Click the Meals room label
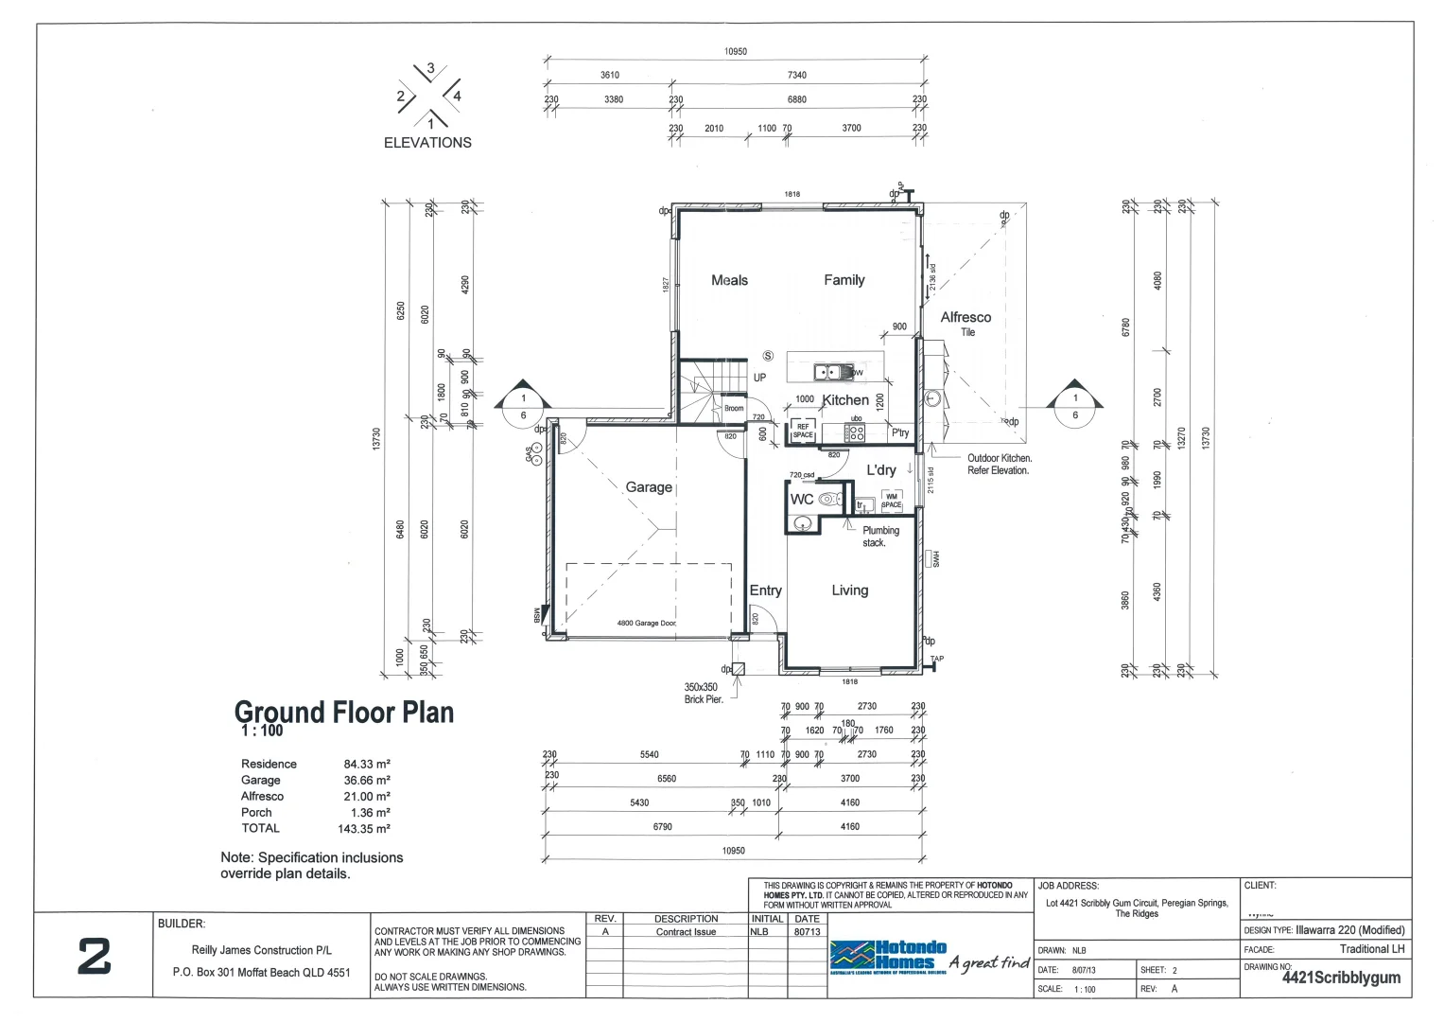pos(729,280)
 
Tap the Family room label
pos(844,280)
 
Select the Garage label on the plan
pos(649,487)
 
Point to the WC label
pos(802,499)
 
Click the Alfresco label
pos(966,318)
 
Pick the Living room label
pos(849,590)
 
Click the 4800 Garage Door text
pos(646,624)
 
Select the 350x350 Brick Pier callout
pos(702,693)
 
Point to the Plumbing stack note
pos(880,537)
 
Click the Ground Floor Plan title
pos(344,713)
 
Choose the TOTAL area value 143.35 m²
pos(366,829)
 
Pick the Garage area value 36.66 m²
pos(366,781)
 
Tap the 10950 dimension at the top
pos(735,52)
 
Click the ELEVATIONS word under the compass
pos(427,143)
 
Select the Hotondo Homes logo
pos(888,956)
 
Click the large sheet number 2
pos(94,957)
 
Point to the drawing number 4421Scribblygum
pos(1341,978)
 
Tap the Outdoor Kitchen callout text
pos(1000,464)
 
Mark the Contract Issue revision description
pos(686,932)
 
